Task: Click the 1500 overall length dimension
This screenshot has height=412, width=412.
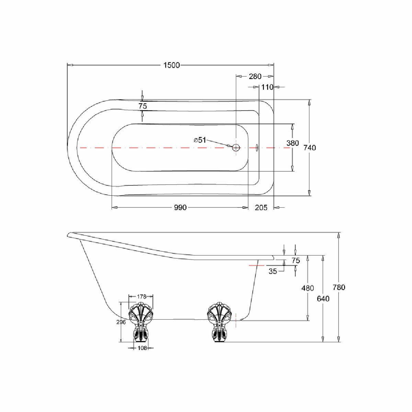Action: point(172,65)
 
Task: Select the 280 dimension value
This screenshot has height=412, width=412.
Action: point(255,76)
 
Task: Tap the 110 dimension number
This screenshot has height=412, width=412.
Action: point(267,87)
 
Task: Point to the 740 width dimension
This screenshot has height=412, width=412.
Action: point(310,148)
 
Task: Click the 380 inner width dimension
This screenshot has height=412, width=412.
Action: point(293,143)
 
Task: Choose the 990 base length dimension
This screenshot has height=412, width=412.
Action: point(180,207)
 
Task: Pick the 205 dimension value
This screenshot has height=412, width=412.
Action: point(261,207)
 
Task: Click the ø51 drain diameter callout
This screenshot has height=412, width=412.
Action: point(200,140)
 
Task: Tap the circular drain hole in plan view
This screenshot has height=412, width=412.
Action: point(236,148)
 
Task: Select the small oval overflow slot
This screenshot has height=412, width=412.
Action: point(257,148)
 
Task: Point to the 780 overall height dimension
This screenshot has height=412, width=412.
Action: point(339,287)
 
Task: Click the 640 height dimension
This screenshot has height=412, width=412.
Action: point(323,298)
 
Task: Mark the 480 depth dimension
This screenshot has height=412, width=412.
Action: point(307,288)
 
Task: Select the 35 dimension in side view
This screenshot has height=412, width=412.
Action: point(273,271)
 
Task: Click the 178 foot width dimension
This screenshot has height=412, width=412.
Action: point(141,296)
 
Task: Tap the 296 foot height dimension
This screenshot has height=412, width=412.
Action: point(121,322)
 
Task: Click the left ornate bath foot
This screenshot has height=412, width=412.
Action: point(141,321)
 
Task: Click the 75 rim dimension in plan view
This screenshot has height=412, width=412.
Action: point(142,106)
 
